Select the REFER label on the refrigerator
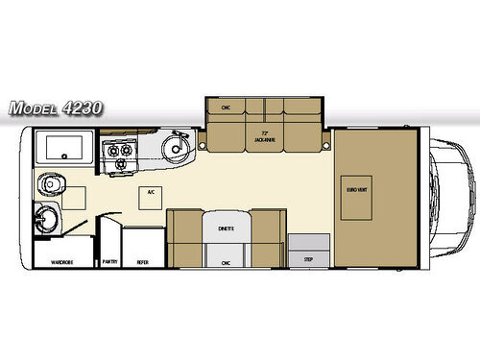tap(142, 260)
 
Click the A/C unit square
tap(151, 192)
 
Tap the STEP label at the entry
tap(308, 259)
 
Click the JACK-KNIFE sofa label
tap(266, 137)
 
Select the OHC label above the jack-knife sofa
tap(225, 107)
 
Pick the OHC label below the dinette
tap(226, 261)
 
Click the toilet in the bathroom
tap(49, 185)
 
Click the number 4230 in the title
tap(82, 108)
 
